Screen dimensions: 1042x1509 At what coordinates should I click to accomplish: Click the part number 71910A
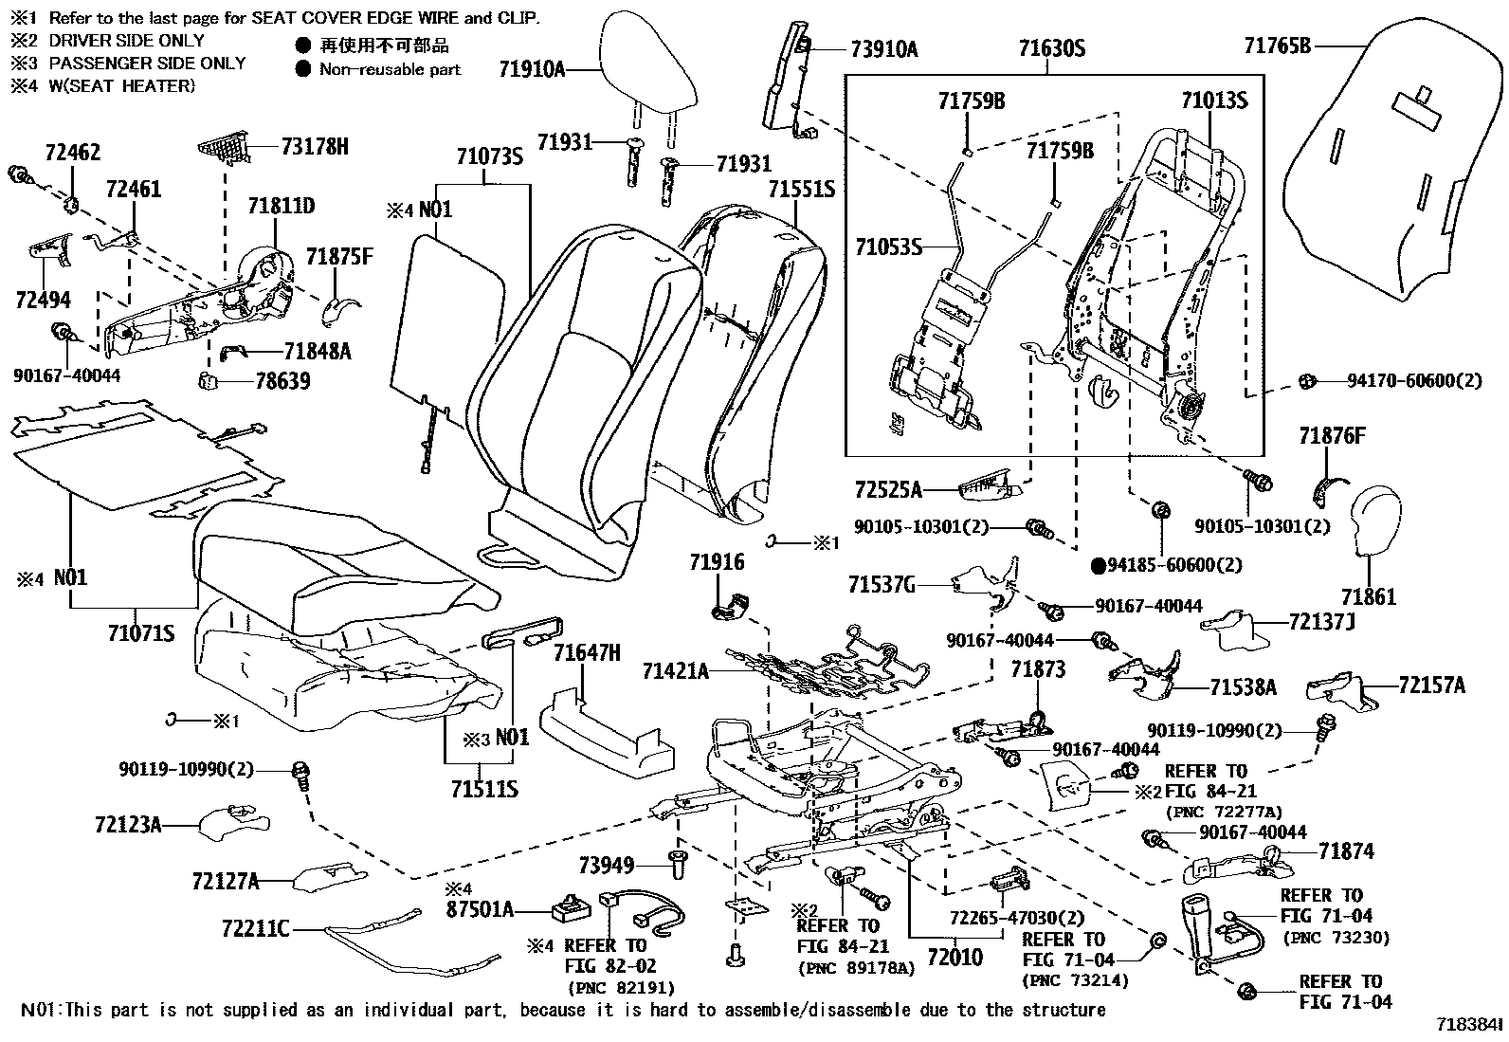click(532, 68)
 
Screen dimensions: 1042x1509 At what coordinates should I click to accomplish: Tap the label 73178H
click(315, 146)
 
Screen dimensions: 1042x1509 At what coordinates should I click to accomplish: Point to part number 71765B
click(1277, 45)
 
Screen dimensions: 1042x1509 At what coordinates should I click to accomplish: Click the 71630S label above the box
click(1051, 47)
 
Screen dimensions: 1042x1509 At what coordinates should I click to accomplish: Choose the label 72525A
click(887, 489)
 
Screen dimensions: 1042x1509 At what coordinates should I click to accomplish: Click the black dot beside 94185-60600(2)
click(1099, 566)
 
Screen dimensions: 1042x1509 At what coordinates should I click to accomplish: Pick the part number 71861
click(1368, 597)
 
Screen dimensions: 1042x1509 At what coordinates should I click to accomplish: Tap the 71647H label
click(587, 652)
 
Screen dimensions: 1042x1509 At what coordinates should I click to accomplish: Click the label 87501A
click(480, 910)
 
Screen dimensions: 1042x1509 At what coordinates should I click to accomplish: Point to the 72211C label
click(255, 929)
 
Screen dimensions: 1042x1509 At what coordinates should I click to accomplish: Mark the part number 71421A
click(675, 671)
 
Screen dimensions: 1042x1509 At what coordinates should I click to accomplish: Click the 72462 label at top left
click(73, 154)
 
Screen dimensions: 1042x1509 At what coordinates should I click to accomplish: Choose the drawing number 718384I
click(1468, 1025)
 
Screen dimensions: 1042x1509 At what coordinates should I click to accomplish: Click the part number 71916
click(717, 562)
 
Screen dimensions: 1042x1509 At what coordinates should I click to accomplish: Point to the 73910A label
click(883, 49)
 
